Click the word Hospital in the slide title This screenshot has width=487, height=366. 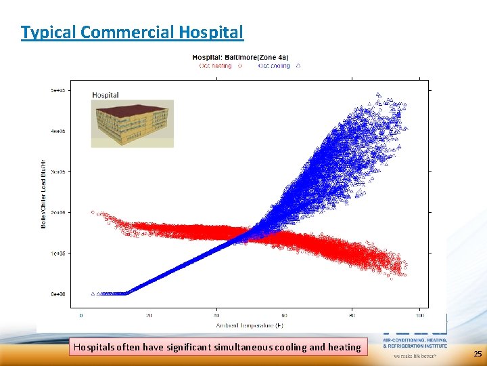(211, 32)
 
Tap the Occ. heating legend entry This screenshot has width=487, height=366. (215, 66)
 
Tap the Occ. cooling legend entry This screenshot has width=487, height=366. (273, 66)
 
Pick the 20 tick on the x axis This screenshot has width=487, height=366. (149, 316)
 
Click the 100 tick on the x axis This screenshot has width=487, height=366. (420, 316)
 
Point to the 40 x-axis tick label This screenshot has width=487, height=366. (216, 316)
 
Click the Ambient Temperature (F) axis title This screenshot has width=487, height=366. (250, 326)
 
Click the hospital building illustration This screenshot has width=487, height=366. (133, 123)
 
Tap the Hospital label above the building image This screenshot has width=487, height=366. (106, 95)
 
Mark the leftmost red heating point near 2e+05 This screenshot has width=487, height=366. (93, 212)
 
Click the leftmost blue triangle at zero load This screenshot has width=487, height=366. (93, 293)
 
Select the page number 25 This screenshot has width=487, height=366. (478, 354)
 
